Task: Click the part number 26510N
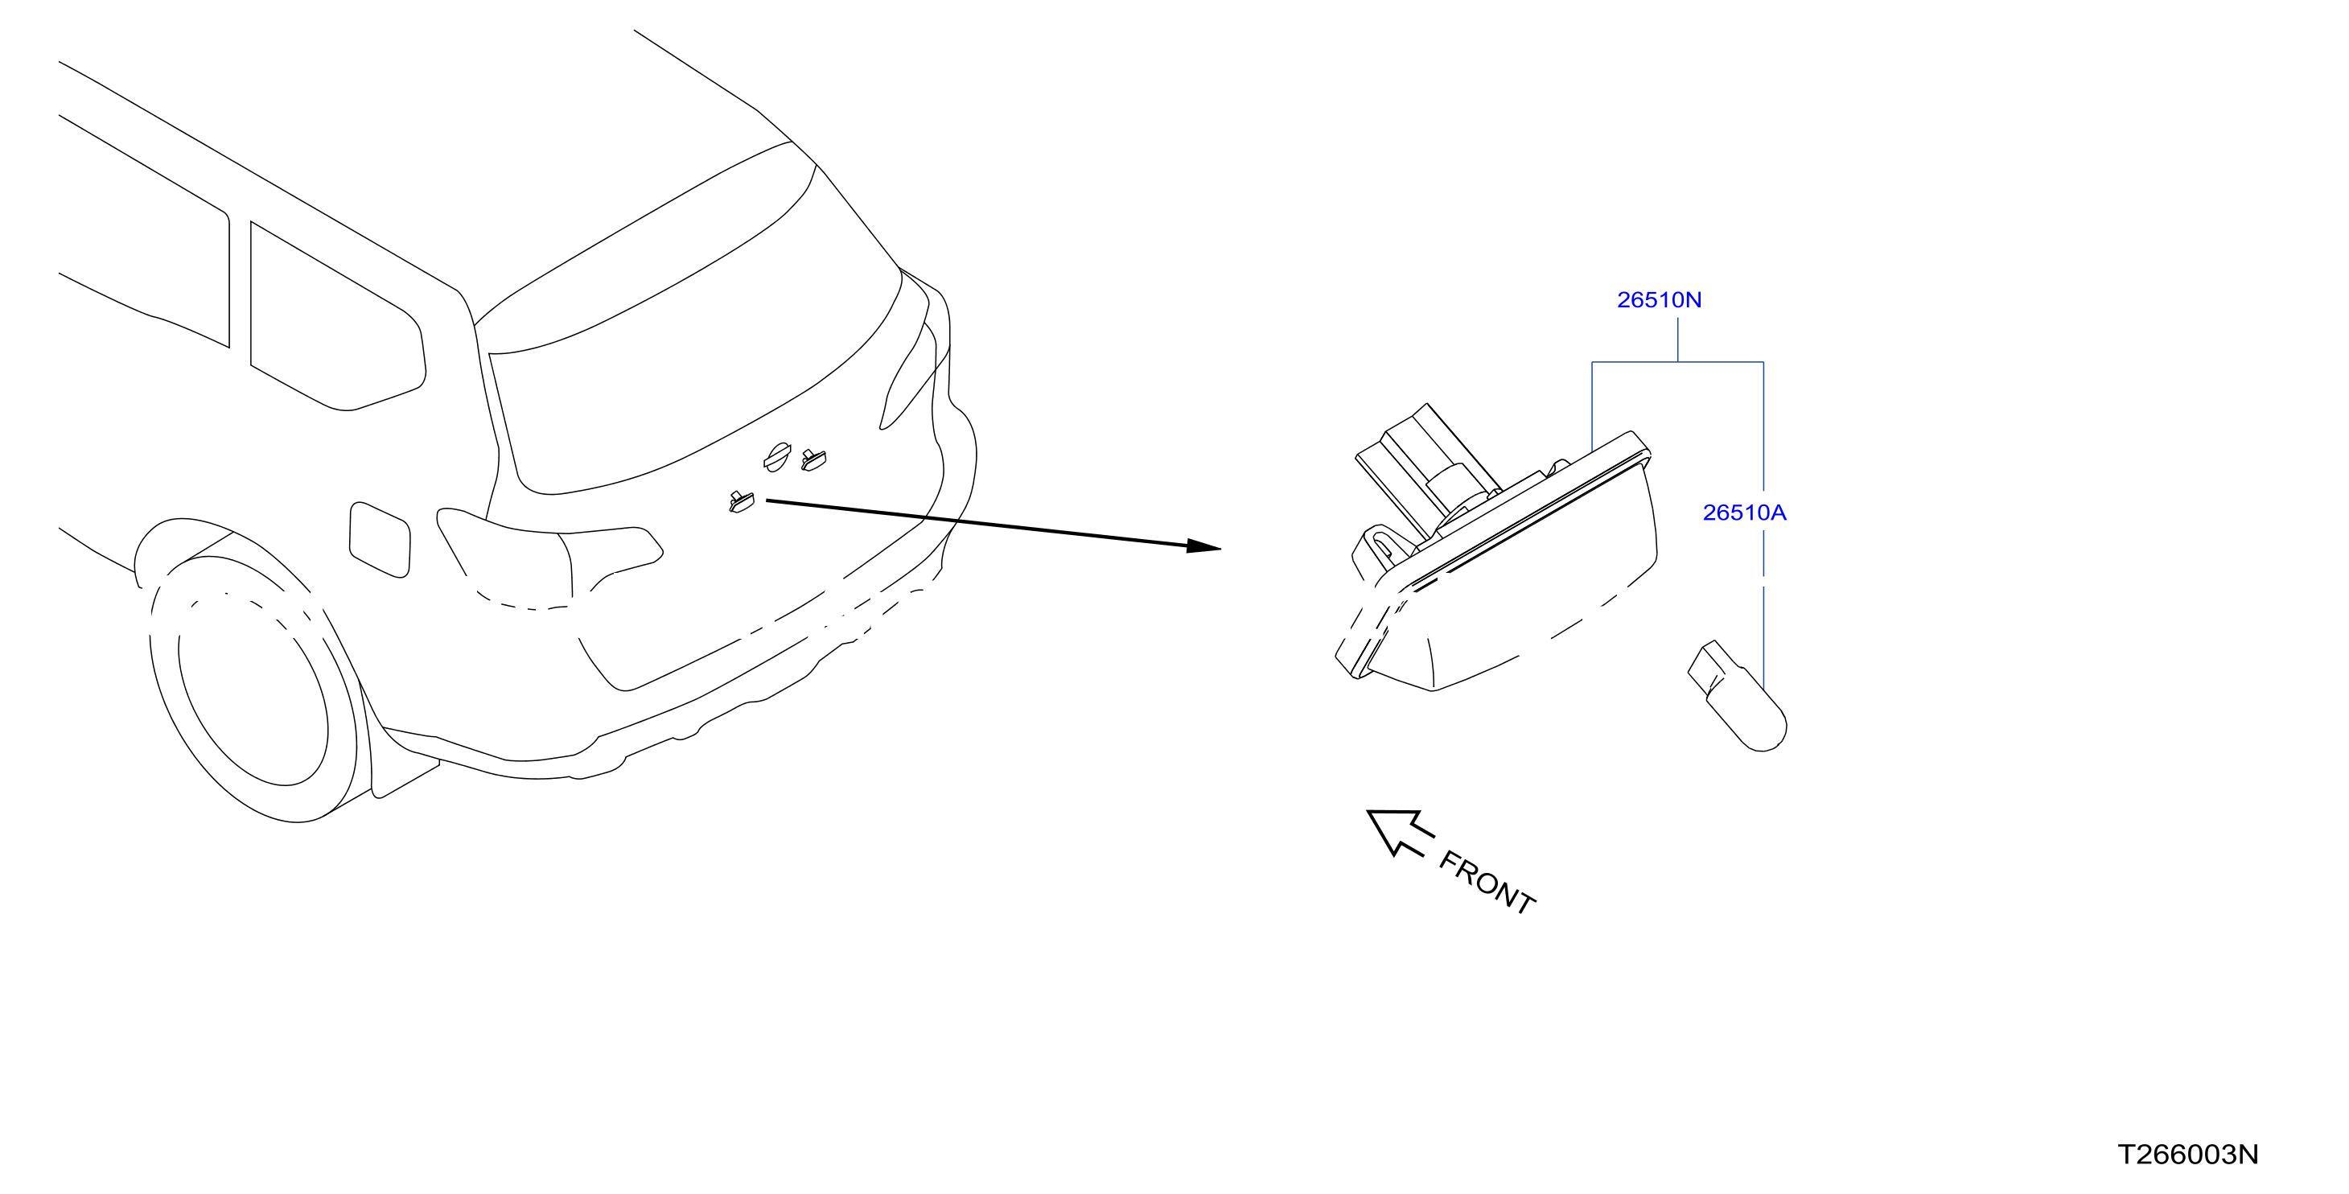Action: pyautogui.click(x=1659, y=300)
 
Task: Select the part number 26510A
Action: pyautogui.click(x=1744, y=513)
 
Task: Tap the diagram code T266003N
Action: pyautogui.click(x=2187, y=1155)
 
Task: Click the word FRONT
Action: pyautogui.click(x=1487, y=882)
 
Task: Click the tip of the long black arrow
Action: pyautogui.click(x=1221, y=548)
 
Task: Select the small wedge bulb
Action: pyautogui.click(x=1737, y=696)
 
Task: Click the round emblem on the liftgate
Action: pyautogui.click(x=777, y=457)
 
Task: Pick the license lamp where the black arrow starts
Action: pyautogui.click(x=742, y=502)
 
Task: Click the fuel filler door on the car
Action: pyautogui.click(x=380, y=539)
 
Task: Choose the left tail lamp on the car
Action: pyautogui.click(x=547, y=552)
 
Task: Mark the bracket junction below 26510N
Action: pyautogui.click(x=1678, y=362)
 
